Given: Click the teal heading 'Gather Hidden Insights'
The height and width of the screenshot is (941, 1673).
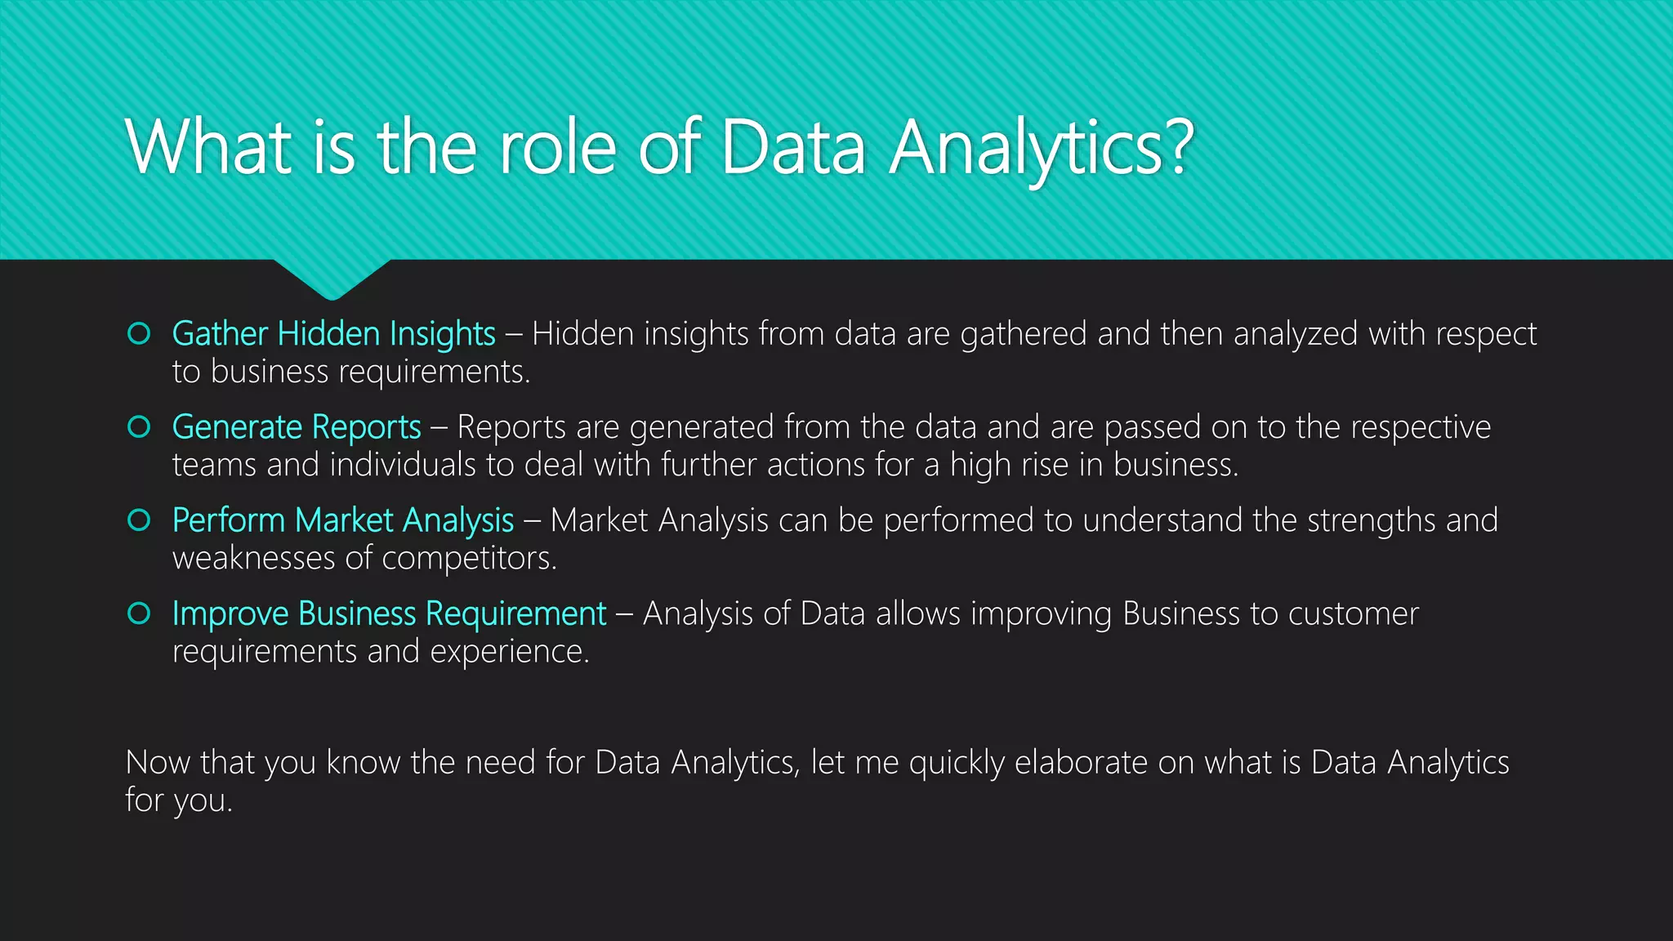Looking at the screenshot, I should tap(333, 334).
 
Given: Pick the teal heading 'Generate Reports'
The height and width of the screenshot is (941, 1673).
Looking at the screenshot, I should tap(297, 427).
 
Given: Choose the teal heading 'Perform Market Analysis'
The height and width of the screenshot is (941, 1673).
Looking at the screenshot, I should tap(343, 520).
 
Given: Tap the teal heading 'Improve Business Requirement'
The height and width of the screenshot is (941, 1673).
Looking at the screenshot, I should tap(389, 613).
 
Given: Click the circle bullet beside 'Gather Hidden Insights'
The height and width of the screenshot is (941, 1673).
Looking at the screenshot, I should tap(140, 333).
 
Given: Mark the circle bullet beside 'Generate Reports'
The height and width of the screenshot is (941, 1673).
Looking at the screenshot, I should tap(140, 426).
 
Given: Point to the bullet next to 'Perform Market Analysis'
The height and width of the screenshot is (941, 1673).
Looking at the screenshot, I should tap(140, 520).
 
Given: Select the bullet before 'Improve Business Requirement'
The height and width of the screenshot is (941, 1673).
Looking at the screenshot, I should tap(140, 613).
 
